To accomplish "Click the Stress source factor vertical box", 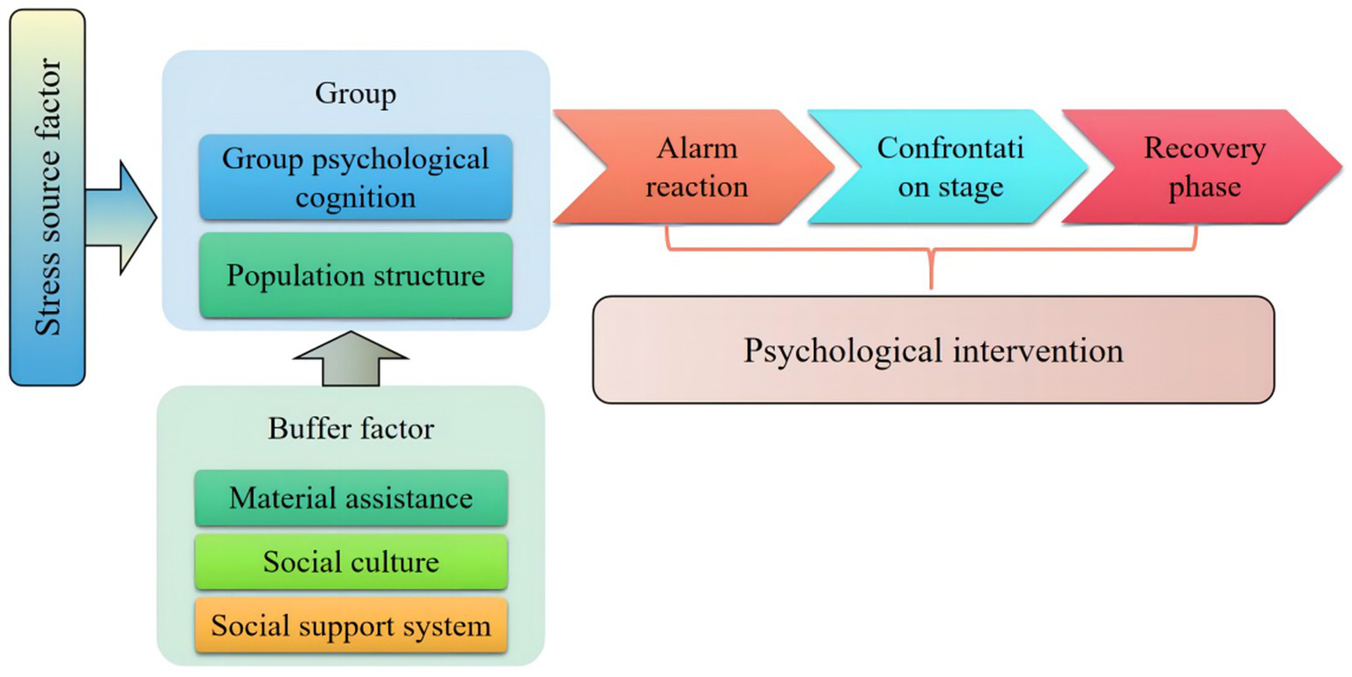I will pyautogui.click(x=48, y=197).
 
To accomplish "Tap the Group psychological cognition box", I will pyautogui.click(x=355, y=178).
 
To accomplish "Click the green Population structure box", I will pyautogui.click(x=355, y=276).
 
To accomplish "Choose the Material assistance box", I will pyautogui.click(x=351, y=498).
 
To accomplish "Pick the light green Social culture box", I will pyautogui.click(x=351, y=562).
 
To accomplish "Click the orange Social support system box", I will pyautogui.click(x=351, y=626).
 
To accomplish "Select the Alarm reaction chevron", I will pyautogui.click(x=691, y=166).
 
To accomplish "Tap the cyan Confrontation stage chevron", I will pyautogui.click(x=947, y=166).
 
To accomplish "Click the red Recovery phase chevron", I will pyautogui.click(x=1202, y=166).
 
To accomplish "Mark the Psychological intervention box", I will pyautogui.click(x=933, y=350).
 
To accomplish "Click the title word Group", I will pyautogui.click(x=355, y=94).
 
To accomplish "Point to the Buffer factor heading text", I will pyautogui.click(x=351, y=430).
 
